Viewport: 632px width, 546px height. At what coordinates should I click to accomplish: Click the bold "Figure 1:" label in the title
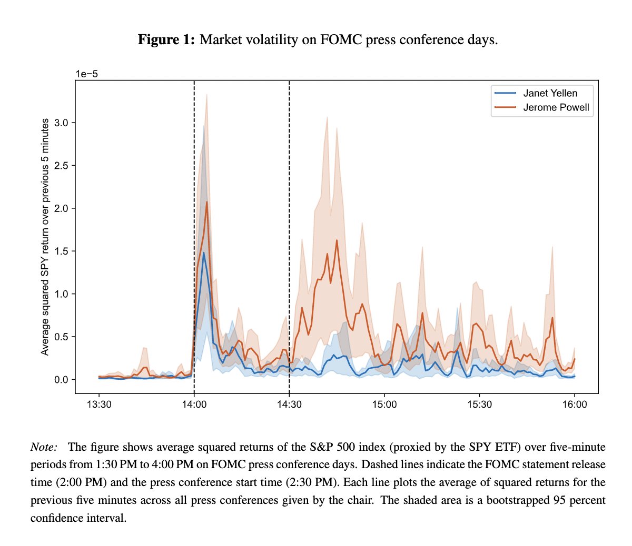point(166,40)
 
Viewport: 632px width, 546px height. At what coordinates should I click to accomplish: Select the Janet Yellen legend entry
point(550,93)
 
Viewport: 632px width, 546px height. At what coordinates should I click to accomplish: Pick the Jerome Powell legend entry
point(556,108)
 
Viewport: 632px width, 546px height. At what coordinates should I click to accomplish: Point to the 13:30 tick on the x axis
point(99,405)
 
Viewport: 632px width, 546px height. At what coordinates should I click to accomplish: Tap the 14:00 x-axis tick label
point(194,405)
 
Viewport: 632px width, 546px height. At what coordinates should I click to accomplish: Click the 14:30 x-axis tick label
point(289,405)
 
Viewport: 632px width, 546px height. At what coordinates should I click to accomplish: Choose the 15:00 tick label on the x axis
point(384,405)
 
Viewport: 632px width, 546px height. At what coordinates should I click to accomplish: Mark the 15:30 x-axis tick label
point(479,405)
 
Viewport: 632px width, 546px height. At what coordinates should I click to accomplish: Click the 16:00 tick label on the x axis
point(574,405)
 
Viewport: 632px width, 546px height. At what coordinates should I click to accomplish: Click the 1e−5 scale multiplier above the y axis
point(87,74)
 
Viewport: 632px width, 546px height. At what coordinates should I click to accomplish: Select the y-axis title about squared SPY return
point(45,237)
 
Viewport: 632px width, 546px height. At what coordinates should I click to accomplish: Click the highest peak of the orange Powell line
point(206,202)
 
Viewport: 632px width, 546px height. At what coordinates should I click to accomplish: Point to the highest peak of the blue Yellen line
point(204,252)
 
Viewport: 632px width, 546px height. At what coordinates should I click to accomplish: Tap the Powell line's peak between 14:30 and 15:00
point(337,240)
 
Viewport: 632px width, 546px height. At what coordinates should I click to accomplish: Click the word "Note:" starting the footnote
point(44,447)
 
